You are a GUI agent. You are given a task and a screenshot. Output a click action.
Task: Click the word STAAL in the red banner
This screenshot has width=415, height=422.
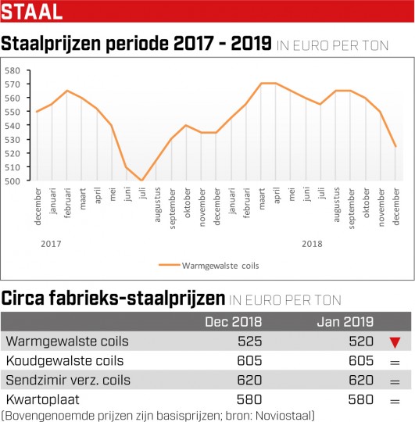[x=32, y=12]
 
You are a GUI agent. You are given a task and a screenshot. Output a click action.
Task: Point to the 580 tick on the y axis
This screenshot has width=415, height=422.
[x=13, y=70]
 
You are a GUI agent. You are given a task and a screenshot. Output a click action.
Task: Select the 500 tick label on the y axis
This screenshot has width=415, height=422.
[x=13, y=181]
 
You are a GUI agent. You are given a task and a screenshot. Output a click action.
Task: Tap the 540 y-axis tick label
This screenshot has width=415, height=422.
[x=13, y=126]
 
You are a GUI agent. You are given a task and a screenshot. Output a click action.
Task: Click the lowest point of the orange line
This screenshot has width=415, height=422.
[x=141, y=181]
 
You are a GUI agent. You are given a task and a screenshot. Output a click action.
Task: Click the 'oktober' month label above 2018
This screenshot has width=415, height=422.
[x=367, y=202]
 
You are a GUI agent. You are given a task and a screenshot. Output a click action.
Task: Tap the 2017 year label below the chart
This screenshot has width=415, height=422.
[x=51, y=244]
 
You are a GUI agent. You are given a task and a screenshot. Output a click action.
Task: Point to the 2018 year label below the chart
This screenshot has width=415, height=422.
[x=312, y=244]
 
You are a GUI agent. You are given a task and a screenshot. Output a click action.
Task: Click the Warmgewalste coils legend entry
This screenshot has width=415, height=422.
[x=209, y=266]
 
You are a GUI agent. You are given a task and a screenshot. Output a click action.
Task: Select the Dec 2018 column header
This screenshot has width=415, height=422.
[x=234, y=322]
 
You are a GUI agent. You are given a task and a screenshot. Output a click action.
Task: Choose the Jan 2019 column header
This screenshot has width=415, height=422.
[x=345, y=322]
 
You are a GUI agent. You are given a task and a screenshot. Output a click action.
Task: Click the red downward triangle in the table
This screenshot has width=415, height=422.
[x=395, y=342]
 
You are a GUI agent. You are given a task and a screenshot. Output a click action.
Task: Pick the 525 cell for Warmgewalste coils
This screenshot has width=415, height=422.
[x=250, y=342]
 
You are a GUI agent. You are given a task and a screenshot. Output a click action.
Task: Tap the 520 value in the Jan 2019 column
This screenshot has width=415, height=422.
[x=361, y=342]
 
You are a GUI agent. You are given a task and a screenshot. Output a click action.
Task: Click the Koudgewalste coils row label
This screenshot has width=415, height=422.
[x=65, y=360]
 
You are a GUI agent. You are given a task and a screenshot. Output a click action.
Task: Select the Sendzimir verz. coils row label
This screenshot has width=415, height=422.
[x=68, y=380]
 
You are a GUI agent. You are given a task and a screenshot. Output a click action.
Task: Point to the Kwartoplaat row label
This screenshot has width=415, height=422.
[x=42, y=399]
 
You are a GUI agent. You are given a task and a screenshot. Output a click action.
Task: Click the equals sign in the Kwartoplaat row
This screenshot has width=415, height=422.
[x=395, y=402]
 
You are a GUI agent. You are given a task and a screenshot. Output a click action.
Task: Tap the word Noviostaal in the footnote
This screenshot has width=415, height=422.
[x=284, y=415]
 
